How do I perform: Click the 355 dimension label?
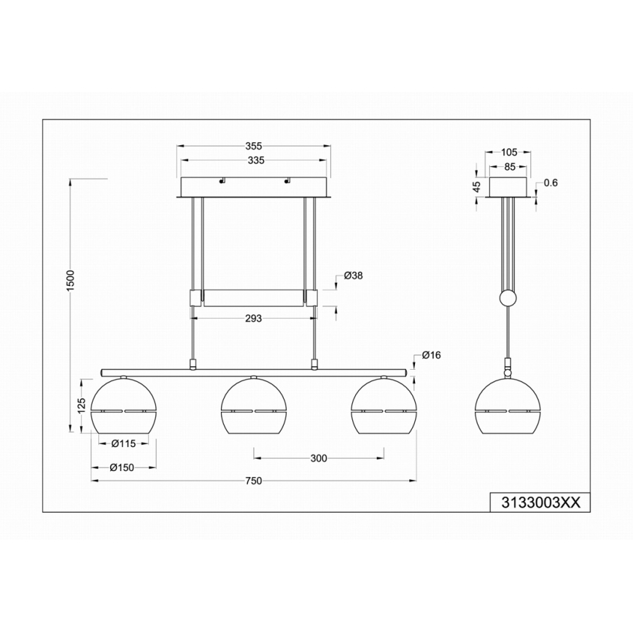(254, 146)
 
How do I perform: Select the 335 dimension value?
(256, 160)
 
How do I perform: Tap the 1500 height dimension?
(70, 280)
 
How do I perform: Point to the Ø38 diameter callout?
(353, 276)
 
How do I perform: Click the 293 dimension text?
(254, 319)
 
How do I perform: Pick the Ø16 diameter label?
(431, 355)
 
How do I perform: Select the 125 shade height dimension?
(82, 405)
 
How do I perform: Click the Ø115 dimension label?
(123, 443)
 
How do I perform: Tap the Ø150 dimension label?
(122, 467)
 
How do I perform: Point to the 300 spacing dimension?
(319, 458)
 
